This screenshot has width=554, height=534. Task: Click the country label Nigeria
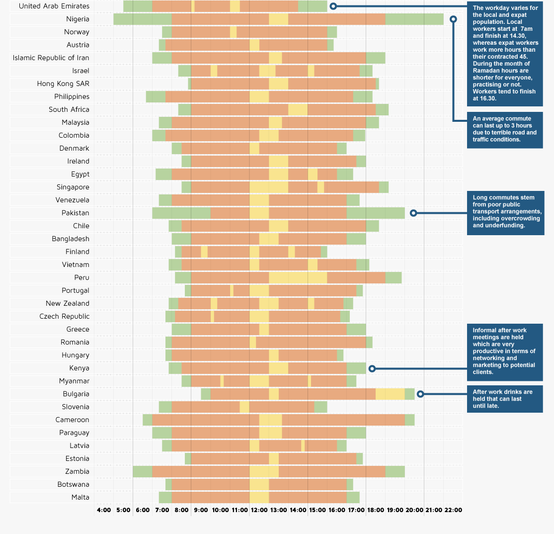click(78, 19)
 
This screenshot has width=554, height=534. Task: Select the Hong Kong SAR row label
click(63, 84)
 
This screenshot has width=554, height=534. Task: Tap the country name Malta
click(80, 497)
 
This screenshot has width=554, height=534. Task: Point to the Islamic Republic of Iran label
click(51, 58)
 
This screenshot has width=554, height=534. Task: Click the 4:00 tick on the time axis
click(104, 510)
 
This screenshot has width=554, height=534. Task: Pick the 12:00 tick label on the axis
click(259, 510)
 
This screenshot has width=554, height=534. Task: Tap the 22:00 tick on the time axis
click(453, 510)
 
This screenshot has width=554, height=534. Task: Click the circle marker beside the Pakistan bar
click(413, 213)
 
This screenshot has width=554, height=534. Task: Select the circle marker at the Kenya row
click(372, 368)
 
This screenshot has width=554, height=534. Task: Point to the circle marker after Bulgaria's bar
click(420, 394)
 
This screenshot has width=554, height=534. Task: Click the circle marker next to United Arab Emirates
click(333, 6)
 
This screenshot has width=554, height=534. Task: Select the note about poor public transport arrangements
click(505, 212)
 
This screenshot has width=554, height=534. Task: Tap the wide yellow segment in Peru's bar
click(298, 277)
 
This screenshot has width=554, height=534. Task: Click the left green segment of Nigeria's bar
click(142, 19)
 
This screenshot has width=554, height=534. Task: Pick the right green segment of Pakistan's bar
click(376, 213)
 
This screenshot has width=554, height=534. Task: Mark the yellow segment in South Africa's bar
click(298, 109)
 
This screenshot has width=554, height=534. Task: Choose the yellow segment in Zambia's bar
click(264, 471)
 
